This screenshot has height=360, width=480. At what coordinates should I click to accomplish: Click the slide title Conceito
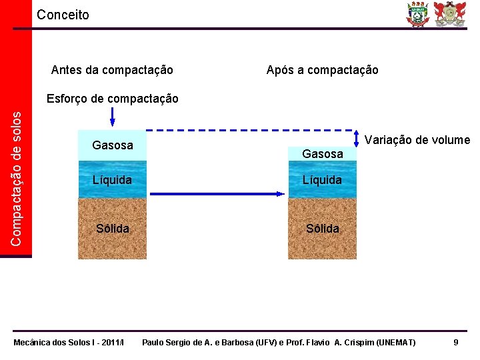coord(63,15)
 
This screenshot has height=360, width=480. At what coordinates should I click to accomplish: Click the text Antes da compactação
coord(112,70)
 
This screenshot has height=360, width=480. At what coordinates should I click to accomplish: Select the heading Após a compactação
coord(322,70)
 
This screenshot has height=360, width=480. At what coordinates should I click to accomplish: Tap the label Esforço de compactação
coord(112,99)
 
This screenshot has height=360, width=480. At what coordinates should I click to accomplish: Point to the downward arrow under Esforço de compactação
coord(112,117)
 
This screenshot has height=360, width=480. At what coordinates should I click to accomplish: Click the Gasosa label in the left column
coord(112,145)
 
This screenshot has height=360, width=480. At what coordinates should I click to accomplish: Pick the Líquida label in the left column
coord(112,180)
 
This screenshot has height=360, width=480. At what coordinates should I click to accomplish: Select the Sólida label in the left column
coord(112,229)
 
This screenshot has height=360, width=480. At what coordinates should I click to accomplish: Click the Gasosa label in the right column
coord(322,154)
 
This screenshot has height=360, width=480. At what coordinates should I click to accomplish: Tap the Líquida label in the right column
coord(322,180)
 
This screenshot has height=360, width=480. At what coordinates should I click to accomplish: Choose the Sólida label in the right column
coord(322,229)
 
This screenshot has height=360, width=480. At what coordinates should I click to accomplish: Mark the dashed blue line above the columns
coord(250,129)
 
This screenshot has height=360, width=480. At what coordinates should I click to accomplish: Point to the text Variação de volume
coord(417,140)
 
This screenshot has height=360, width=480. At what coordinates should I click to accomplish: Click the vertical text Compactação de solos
coord(21,177)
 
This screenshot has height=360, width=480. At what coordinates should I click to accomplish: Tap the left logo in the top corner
coord(419,14)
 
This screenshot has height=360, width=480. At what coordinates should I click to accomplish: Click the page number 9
coord(455,342)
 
